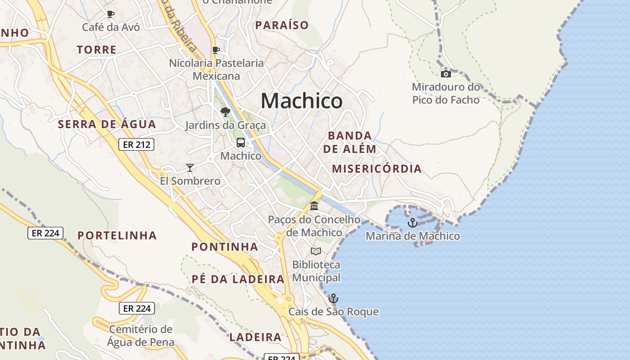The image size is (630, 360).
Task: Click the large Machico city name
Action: tap(301, 100)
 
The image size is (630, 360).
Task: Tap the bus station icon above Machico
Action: tap(241, 143)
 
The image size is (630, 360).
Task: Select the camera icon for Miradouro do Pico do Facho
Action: tap(445, 74)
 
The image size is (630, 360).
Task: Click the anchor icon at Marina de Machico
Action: tap(412, 223)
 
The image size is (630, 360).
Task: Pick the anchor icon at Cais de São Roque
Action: tap(333, 298)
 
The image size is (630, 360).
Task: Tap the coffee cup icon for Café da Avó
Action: tap(111, 14)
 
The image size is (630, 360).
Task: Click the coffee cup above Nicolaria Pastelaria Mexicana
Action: tap(216, 50)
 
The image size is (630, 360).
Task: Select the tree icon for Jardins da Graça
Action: tap(225, 112)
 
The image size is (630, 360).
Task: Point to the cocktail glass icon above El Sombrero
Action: tap(190, 168)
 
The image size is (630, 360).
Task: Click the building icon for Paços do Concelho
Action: tap(314, 206)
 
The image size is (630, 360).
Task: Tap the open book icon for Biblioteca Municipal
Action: tap(316, 251)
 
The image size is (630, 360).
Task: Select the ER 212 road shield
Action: tap(136, 144)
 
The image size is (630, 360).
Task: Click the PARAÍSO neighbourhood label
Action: tap(282, 25)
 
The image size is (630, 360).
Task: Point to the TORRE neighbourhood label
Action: tap(97, 49)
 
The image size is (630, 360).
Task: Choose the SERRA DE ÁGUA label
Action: tap(107, 124)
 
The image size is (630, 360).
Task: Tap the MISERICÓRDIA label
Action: tap(377, 169)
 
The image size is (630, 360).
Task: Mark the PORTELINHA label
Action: tap(117, 235)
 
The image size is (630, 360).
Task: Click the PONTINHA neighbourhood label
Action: tap(225, 247)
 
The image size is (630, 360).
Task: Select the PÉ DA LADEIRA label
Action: tap(238, 279)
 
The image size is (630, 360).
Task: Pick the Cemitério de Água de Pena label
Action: tap(140, 336)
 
